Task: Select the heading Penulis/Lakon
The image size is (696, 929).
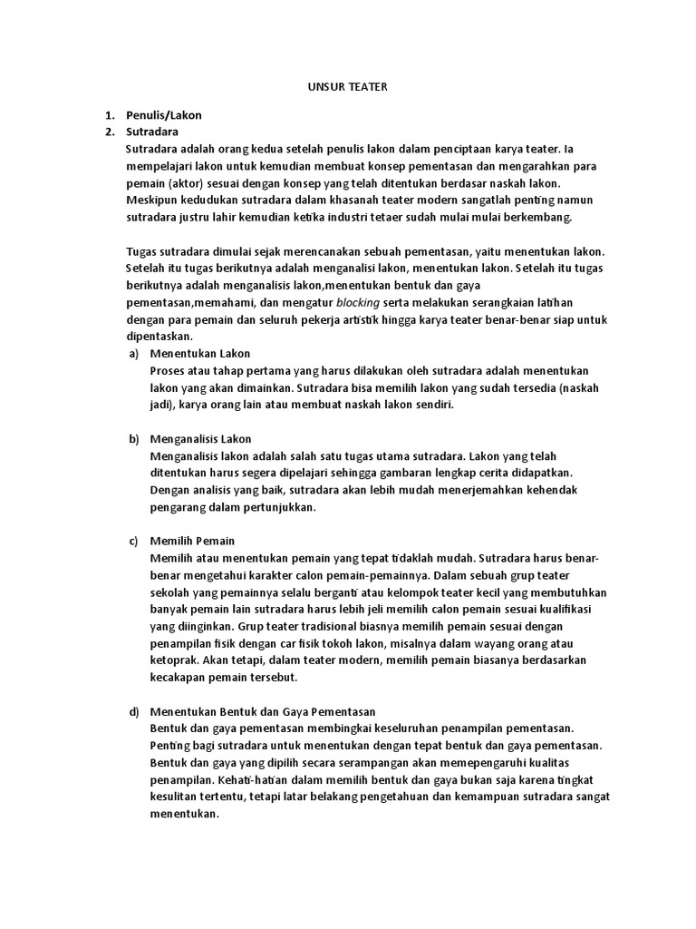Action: [164, 115]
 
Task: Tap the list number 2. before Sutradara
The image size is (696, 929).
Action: [109, 132]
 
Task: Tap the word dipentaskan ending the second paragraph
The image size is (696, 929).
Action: [158, 337]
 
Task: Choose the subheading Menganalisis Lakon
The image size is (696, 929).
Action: [201, 439]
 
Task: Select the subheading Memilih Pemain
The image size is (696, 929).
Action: [193, 541]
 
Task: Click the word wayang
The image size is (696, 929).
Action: [516, 643]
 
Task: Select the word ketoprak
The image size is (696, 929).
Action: [176, 660]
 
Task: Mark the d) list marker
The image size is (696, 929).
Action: [134, 711]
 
